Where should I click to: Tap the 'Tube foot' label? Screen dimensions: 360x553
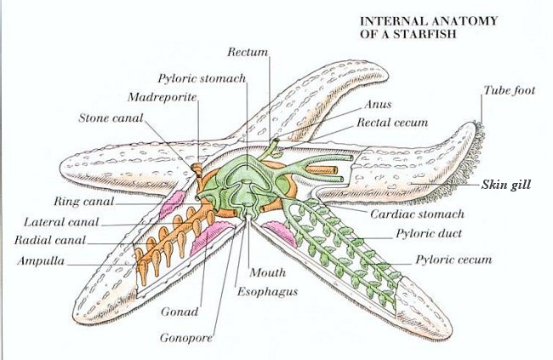(509, 89)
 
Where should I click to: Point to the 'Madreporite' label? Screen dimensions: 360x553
(162, 96)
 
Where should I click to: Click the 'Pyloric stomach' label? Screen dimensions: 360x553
(202, 78)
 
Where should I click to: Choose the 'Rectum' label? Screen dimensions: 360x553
(254, 52)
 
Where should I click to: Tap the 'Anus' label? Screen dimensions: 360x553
(378, 105)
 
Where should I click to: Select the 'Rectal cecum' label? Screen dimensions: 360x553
(391, 123)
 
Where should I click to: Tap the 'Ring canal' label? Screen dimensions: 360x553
(83, 202)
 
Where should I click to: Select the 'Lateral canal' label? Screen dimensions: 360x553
(61, 221)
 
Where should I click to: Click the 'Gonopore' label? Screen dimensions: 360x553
(185, 337)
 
